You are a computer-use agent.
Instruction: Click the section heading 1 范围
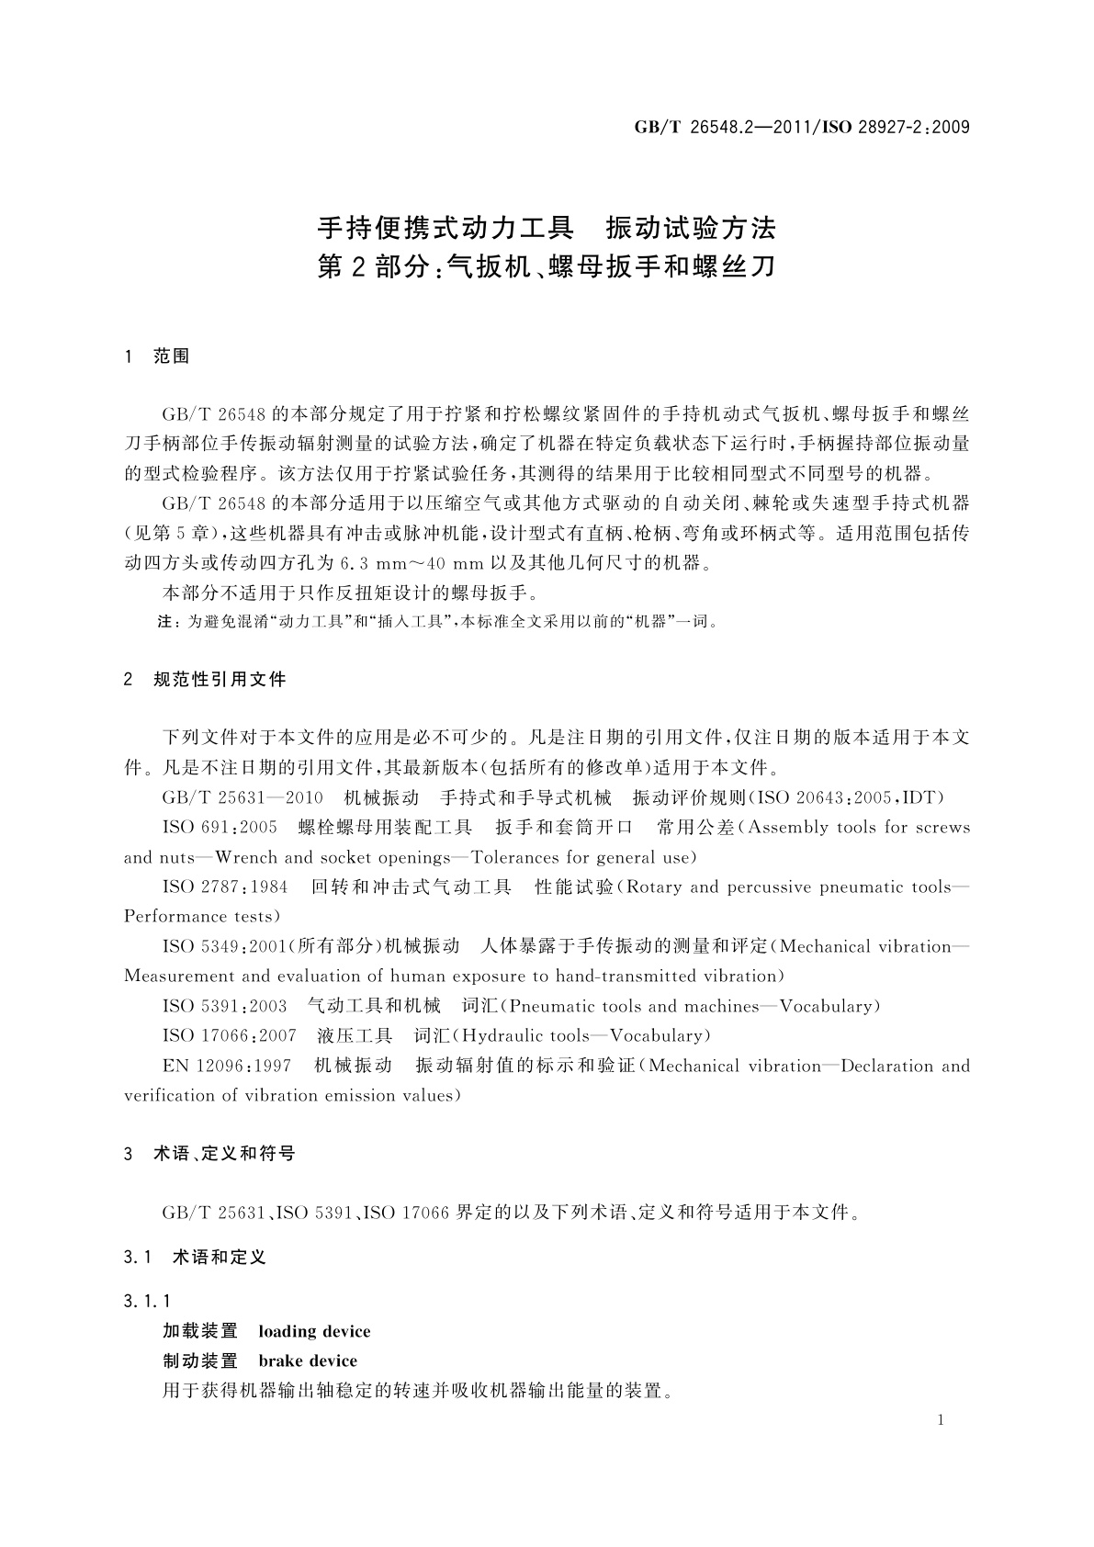tap(157, 356)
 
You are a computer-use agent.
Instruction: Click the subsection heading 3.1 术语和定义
tap(195, 1257)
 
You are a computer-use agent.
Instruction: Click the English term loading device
tap(314, 1331)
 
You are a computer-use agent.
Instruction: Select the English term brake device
tap(308, 1361)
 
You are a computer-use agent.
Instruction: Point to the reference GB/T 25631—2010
tap(242, 797)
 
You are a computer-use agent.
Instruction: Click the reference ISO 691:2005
tap(220, 827)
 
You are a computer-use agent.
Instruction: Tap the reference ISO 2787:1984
tap(225, 886)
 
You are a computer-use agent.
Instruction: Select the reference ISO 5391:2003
tap(224, 1006)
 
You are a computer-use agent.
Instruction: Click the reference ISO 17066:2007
tap(230, 1035)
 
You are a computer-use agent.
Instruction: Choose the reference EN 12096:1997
tap(227, 1066)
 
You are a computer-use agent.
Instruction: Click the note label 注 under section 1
tap(167, 622)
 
